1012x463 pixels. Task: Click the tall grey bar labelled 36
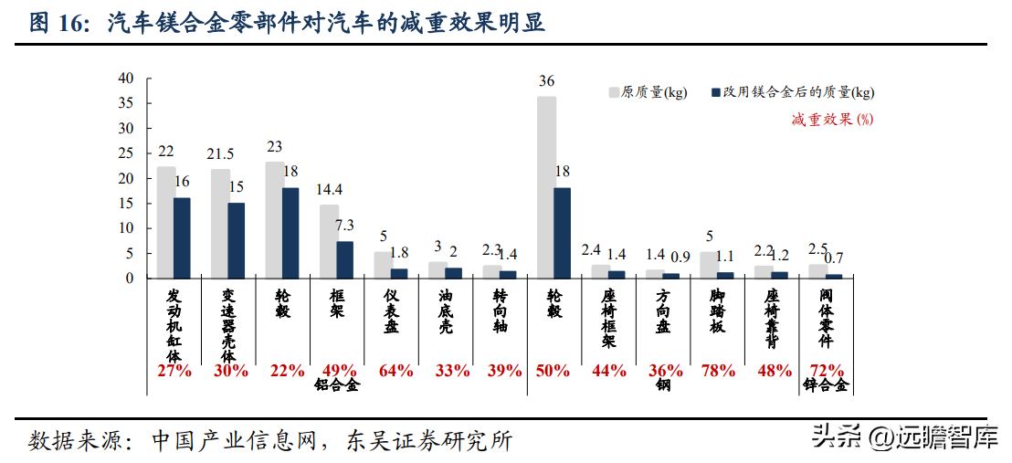click(x=546, y=187)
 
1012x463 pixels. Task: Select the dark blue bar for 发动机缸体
click(x=182, y=237)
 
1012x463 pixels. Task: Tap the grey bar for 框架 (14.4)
click(x=329, y=241)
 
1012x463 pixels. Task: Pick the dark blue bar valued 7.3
click(x=344, y=259)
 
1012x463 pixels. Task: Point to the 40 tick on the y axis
click(x=126, y=79)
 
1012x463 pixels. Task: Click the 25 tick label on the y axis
click(x=126, y=153)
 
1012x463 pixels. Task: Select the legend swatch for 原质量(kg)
click(x=614, y=92)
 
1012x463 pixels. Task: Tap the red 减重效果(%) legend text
click(x=832, y=119)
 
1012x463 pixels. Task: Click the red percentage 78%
click(x=718, y=371)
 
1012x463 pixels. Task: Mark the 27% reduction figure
click(x=174, y=371)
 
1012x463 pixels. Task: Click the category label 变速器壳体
click(x=228, y=325)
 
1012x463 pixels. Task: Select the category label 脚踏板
click(x=718, y=310)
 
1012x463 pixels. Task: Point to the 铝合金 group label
click(x=338, y=386)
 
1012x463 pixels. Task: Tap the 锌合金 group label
click(x=827, y=386)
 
